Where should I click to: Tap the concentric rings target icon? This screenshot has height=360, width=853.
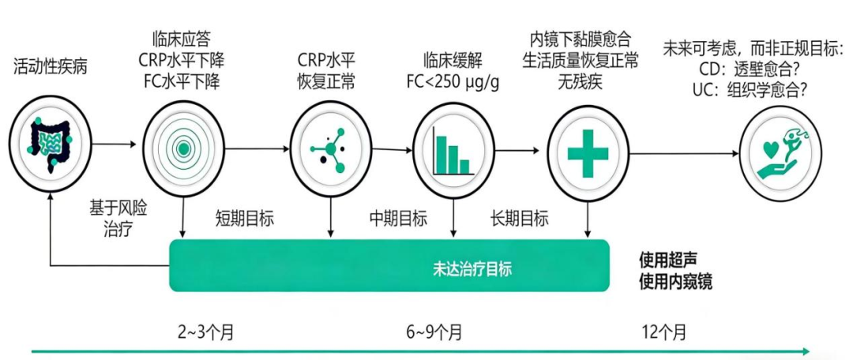[x=184, y=148]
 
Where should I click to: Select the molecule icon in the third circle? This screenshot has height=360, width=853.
[x=329, y=149]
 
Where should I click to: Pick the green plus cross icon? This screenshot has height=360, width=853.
[x=588, y=154]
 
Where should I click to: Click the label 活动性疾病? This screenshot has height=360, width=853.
[x=51, y=68]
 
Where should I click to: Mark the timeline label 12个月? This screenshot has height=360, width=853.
[x=663, y=331]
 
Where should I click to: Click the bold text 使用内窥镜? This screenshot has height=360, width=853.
[x=675, y=283]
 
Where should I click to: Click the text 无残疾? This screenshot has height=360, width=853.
[x=580, y=81]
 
